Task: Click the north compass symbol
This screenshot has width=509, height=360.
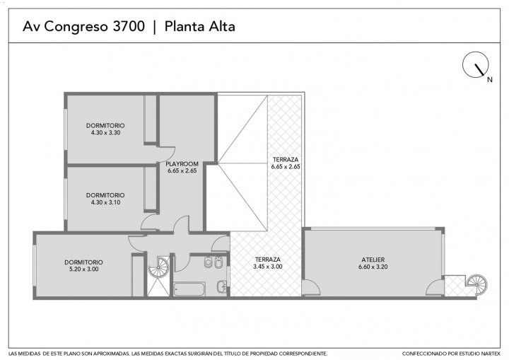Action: pyautogui.click(x=475, y=64)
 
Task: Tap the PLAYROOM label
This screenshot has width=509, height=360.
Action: pyautogui.click(x=182, y=164)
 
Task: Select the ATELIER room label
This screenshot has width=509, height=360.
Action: pyautogui.click(x=373, y=260)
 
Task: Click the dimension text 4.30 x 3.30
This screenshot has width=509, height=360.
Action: pyautogui.click(x=105, y=132)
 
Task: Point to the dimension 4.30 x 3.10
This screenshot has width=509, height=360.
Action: pyautogui.click(x=105, y=202)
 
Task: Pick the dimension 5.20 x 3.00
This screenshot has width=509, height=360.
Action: pyautogui.click(x=83, y=269)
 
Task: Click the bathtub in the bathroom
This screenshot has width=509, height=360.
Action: pyautogui.click(x=189, y=289)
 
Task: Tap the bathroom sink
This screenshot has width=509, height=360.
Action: pyautogui.click(x=222, y=286)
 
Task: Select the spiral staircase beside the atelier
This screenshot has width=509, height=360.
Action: pyautogui.click(x=477, y=284)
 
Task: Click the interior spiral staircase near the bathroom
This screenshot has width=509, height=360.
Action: pyautogui.click(x=159, y=267)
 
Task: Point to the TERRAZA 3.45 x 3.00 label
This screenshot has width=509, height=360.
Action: pyautogui.click(x=267, y=263)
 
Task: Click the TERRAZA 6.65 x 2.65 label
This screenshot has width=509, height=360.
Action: pyautogui.click(x=286, y=163)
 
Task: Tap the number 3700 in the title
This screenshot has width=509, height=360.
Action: pyautogui.click(x=129, y=26)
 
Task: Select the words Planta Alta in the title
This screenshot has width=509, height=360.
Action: pyautogui.click(x=199, y=26)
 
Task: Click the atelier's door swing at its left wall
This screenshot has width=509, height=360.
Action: pyautogui.click(x=311, y=287)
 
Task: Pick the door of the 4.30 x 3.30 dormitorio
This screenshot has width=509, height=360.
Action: pyautogui.click(x=166, y=154)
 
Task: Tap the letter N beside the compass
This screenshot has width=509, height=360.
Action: pyautogui.click(x=490, y=80)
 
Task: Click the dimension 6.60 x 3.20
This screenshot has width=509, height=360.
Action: pyautogui.click(x=373, y=267)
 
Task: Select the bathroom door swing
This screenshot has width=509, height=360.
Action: pyautogui.click(x=182, y=262)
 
